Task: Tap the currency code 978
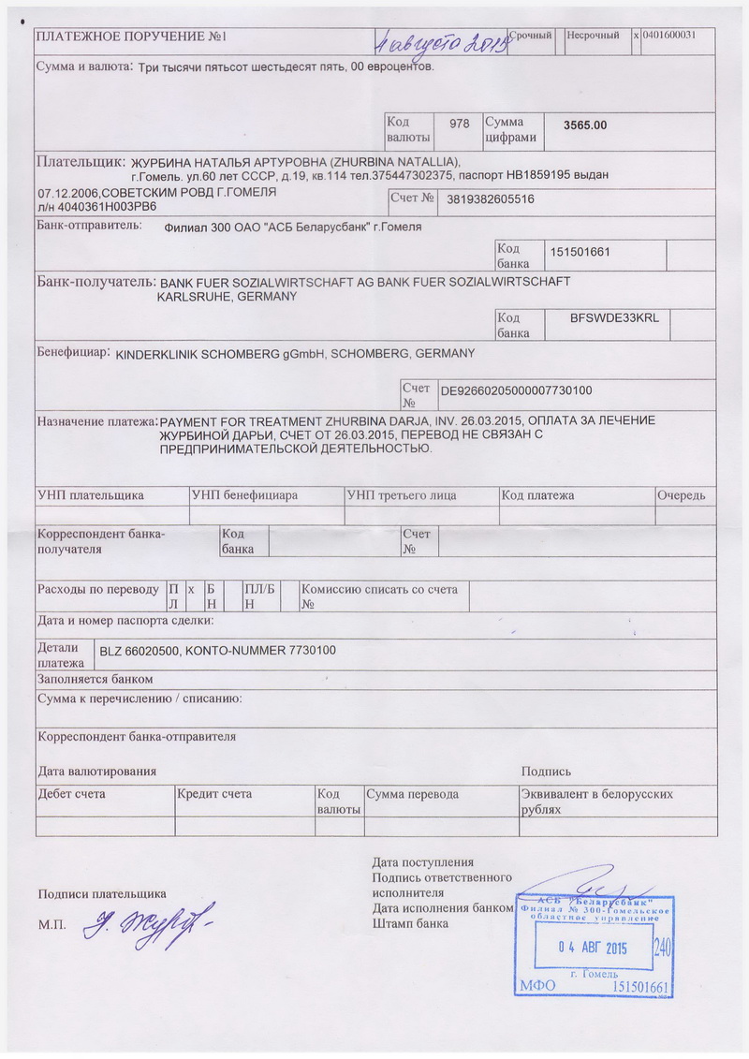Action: [459, 124]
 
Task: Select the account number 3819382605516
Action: [492, 199]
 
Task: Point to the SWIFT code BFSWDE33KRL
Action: [614, 318]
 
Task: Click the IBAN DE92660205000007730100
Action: [530, 390]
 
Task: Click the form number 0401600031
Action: [676, 35]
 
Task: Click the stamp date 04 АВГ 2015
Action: [591, 948]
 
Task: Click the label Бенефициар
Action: [73, 354]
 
